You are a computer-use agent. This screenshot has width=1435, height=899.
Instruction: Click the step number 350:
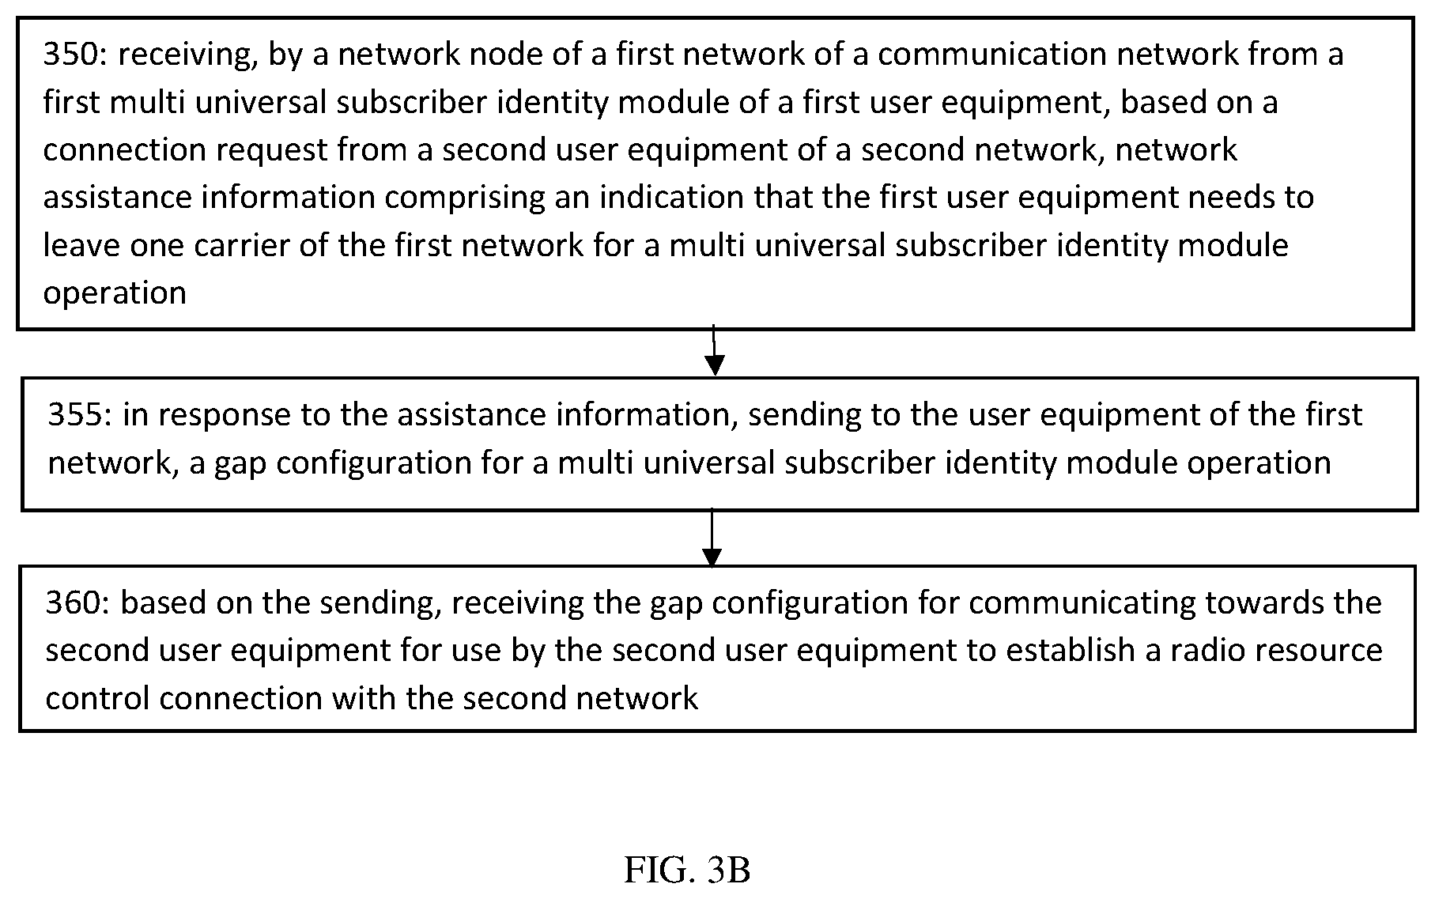[x=75, y=55]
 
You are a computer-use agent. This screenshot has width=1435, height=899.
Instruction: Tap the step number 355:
[x=80, y=415]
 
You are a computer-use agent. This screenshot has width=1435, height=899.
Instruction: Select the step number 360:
[x=77, y=602]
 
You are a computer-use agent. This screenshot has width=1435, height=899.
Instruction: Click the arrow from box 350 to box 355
[x=714, y=350]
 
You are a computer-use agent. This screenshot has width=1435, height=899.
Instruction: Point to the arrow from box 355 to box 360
[x=712, y=538]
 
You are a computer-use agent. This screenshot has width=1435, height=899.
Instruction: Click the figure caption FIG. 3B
[x=687, y=871]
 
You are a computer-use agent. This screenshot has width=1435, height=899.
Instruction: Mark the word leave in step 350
[x=81, y=246]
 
